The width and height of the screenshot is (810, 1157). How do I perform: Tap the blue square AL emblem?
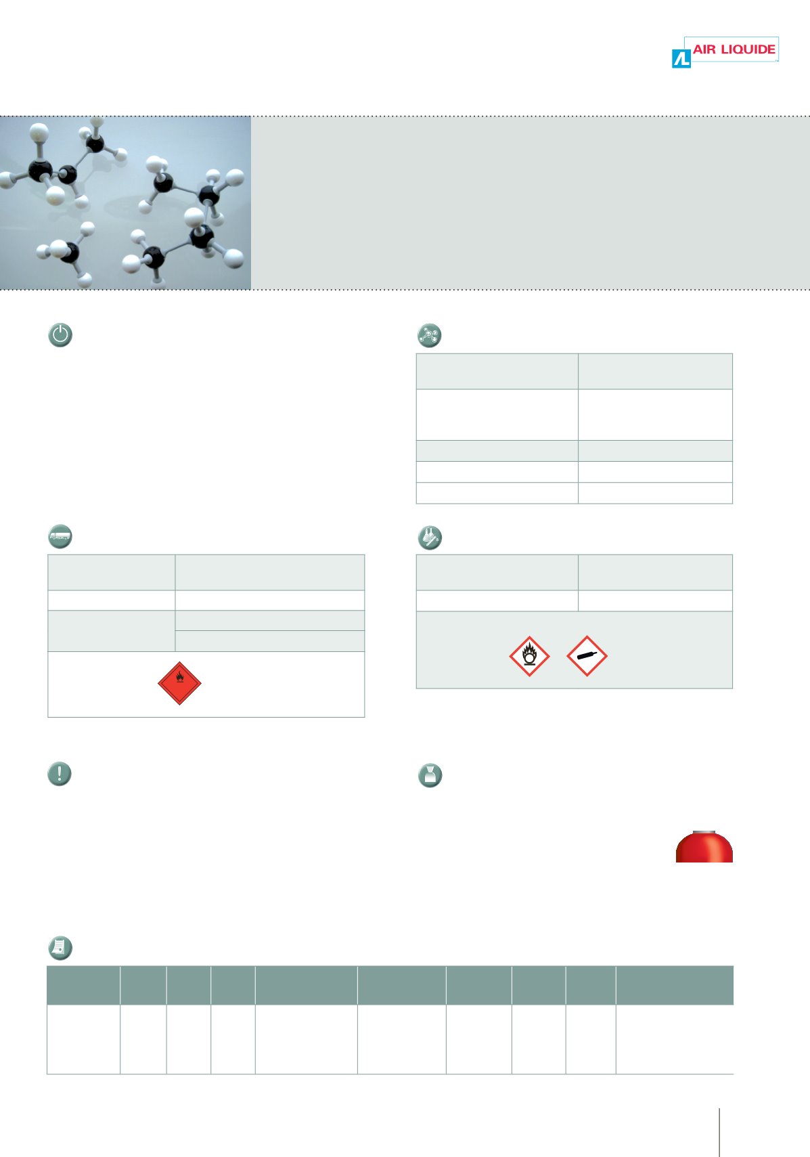[x=681, y=58]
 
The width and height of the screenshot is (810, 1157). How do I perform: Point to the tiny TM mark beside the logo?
[x=776, y=60]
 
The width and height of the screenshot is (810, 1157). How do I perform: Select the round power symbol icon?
[x=60, y=334]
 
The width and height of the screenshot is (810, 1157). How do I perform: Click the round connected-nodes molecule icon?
[x=429, y=335]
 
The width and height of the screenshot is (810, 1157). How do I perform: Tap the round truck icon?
[x=60, y=536]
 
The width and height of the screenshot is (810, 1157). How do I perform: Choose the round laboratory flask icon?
[x=430, y=537]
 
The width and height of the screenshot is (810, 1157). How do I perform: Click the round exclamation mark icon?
[x=60, y=774]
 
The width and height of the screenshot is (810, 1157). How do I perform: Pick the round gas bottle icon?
[x=430, y=775]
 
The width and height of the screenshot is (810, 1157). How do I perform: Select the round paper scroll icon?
[x=60, y=948]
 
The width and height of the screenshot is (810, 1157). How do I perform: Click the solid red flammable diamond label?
[x=179, y=683]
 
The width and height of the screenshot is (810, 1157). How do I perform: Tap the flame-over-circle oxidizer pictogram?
[x=529, y=656]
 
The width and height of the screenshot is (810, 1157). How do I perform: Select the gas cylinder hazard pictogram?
[x=587, y=656]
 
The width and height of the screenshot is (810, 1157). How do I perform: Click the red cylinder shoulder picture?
[x=704, y=847]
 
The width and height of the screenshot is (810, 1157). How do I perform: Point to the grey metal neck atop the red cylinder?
[x=704, y=831]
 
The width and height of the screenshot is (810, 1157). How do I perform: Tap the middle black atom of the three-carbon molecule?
[x=66, y=175]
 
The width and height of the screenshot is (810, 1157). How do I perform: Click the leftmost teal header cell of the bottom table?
[x=84, y=985]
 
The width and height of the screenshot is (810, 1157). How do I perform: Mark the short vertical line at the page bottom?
[x=719, y=1132]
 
